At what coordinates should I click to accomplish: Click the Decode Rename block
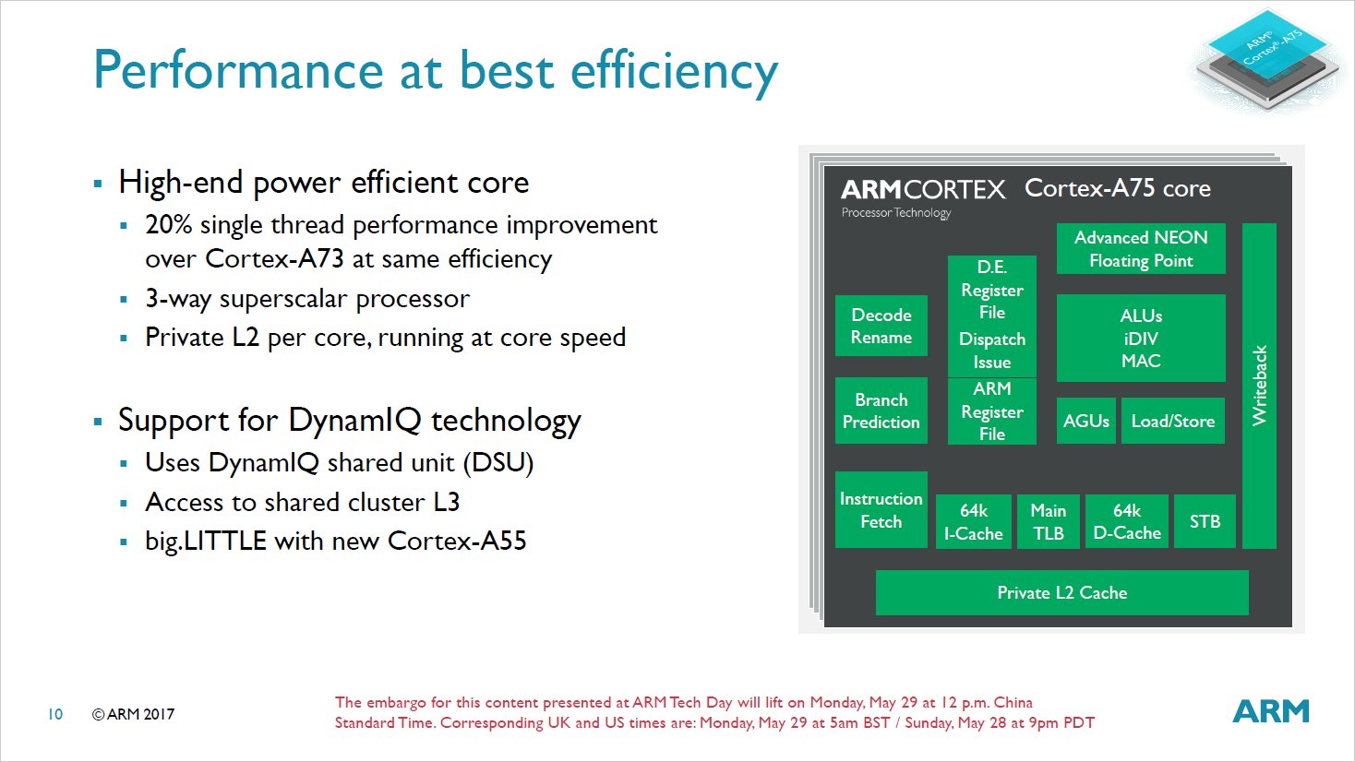pos(881,326)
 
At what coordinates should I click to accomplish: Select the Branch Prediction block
pos(881,411)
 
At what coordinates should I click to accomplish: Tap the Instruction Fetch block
pos(881,510)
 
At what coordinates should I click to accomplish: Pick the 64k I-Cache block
pos(973,522)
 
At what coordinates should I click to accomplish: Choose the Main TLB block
pos(1049,522)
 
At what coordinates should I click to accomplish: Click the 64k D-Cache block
pos(1127,522)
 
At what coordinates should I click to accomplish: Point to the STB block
pos(1205,522)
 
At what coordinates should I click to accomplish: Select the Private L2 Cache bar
pos(1062,592)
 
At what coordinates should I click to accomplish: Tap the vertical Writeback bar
pos(1259,386)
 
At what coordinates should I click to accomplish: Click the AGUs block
pos(1085,421)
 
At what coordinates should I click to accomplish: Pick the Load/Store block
pos(1173,421)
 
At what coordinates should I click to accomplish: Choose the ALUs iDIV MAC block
pos(1141,338)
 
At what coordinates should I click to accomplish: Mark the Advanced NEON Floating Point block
pos(1141,248)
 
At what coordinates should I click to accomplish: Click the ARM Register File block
pos(992,411)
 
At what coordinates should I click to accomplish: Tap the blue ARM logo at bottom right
pos(1271,711)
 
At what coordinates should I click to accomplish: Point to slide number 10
pos(55,714)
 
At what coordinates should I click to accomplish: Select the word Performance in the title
pos(239,71)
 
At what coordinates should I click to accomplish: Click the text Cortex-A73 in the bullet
pos(274,259)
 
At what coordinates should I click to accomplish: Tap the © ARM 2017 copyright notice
pos(133,714)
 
